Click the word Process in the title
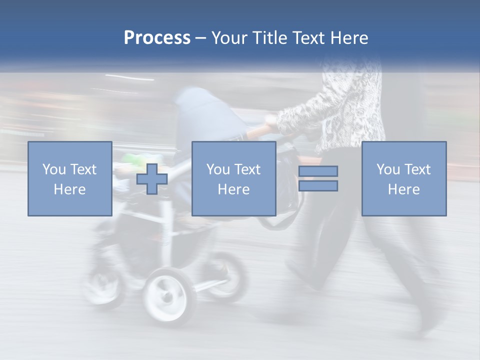pos(157,38)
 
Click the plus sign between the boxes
pos(152,179)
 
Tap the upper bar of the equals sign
pos(318,171)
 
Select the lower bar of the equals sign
pos(318,186)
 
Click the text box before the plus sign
pos(70,178)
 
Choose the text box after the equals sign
pos(404,178)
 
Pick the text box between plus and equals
pos(234,178)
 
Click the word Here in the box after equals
pos(404,189)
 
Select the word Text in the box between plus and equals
pos(248,169)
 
